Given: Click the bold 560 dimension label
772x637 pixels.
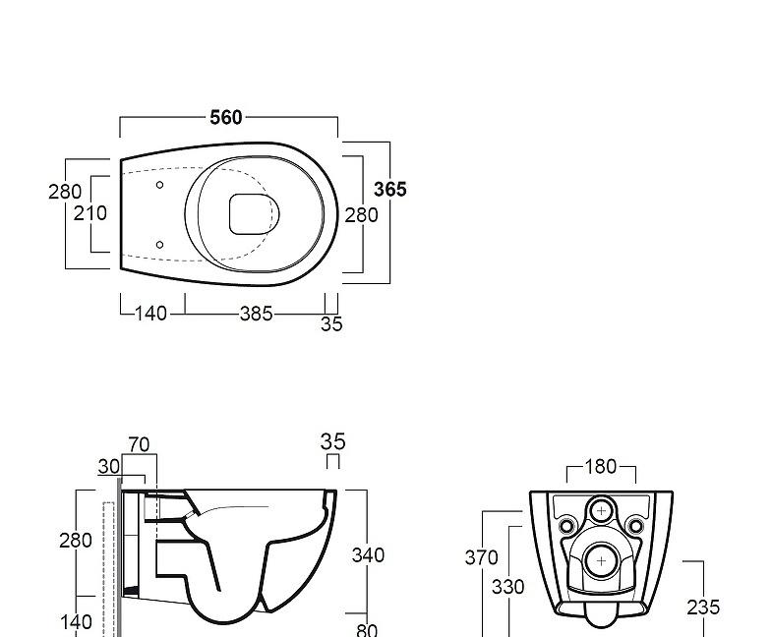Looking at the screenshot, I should click(226, 118).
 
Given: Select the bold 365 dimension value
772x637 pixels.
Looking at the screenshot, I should click(389, 190).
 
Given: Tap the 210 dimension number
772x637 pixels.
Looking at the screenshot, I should click(89, 213).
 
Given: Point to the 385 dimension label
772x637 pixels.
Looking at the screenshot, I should click(256, 315).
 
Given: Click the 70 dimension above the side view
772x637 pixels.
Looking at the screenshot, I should click(139, 445).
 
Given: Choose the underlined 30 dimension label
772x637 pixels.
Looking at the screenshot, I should click(108, 467).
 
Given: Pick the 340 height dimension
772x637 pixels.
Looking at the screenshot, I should click(368, 555).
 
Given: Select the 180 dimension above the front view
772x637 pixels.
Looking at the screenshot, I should click(601, 467).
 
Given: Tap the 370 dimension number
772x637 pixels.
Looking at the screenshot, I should click(481, 558).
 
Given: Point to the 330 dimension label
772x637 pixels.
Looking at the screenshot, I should click(507, 587).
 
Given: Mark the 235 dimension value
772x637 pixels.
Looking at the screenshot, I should click(703, 608).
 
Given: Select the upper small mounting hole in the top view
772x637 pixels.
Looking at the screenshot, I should click(159, 184).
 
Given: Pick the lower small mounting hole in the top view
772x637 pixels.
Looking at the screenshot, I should click(159, 245).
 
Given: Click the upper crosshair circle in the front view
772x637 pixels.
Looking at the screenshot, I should click(601, 511).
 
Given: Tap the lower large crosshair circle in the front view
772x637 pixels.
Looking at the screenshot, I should click(601, 561).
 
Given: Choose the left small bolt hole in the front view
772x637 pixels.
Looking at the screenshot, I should click(566, 527).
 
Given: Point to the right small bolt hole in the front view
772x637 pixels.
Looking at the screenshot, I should click(635, 527).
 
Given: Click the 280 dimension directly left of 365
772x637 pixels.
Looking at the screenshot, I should click(361, 214).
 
